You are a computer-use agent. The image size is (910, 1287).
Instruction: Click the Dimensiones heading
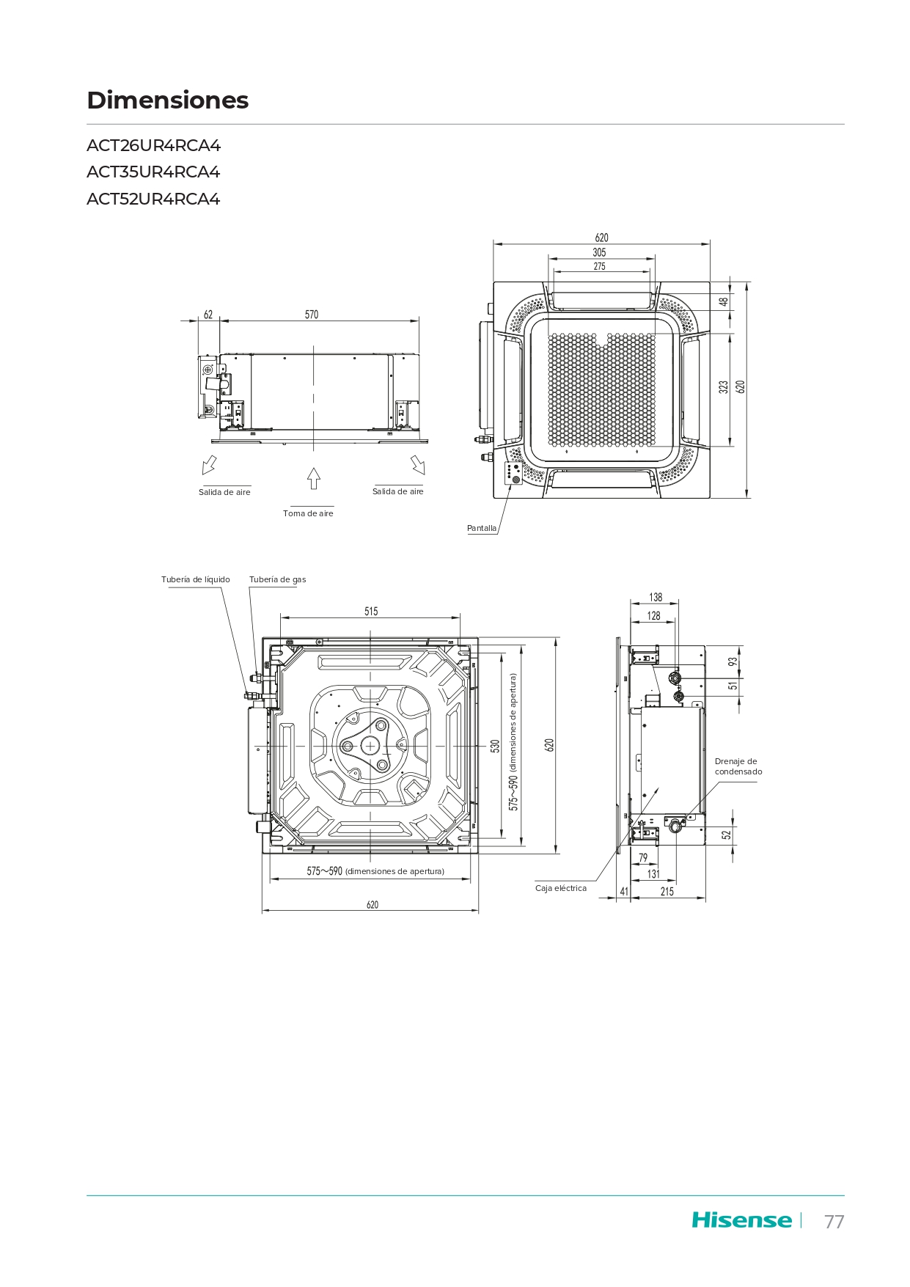pyautogui.click(x=168, y=100)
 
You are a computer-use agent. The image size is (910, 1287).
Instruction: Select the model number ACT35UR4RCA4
pyautogui.click(x=153, y=172)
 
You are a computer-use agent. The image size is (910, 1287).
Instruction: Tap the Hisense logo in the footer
pyautogui.click(x=741, y=1220)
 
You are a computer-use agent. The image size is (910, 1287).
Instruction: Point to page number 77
pyautogui.click(x=834, y=1222)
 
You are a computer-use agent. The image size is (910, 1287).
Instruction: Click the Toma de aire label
pyautogui.click(x=308, y=513)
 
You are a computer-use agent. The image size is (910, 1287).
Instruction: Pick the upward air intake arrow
pyautogui.click(x=314, y=478)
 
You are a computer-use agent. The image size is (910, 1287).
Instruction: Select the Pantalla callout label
pyautogui.click(x=482, y=528)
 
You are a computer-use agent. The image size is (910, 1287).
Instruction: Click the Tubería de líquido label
pyautogui.click(x=196, y=579)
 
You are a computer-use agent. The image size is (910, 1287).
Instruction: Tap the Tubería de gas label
pyautogui.click(x=278, y=579)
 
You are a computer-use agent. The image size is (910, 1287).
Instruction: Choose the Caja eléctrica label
pyautogui.click(x=561, y=888)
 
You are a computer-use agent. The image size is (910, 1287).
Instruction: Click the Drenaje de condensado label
pyautogui.click(x=738, y=766)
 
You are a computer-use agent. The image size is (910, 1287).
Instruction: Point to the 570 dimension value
pyautogui.click(x=312, y=315)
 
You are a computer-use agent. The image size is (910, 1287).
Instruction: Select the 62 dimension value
pyautogui.click(x=208, y=315)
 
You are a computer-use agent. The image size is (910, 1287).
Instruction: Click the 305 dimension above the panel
pyautogui.click(x=599, y=252)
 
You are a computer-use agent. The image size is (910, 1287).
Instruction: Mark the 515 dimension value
pyautogui.click(x=371, y=612)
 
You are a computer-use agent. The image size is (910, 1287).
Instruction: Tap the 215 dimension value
pyautogui.click(x=667, y=892)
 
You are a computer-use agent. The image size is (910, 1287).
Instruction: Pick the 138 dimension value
pyautogui.click(x=656, y=598)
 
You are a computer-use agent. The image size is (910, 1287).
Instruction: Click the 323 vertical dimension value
pyautogui.click(x=724, y=387)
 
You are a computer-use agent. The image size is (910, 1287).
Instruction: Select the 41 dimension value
pyautogui.click(x=624, y=892)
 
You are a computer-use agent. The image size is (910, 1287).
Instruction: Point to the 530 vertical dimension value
pyautogui.click(x=496, y=746)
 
